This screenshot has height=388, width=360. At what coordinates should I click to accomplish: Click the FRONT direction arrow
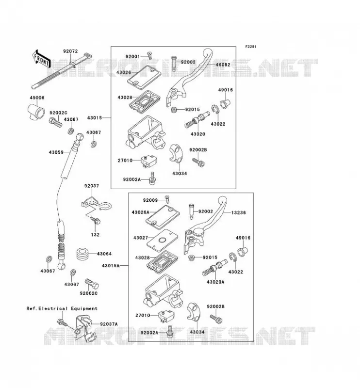(41, 59)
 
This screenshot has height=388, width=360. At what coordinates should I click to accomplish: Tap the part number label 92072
(70, 51)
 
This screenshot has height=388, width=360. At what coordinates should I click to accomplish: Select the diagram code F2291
(250, 47)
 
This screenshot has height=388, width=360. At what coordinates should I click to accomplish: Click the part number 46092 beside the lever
(223, 65)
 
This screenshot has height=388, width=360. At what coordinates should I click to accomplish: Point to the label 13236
(238, 212)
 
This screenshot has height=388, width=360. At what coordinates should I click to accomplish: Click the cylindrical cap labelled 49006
(35, 112)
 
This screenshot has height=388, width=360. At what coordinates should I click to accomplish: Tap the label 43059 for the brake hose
(56, 152)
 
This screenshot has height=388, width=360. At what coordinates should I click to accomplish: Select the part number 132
(95, 235)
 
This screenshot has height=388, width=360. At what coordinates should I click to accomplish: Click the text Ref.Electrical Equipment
(62, 308)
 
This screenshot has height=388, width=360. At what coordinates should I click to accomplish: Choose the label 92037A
(109, 324)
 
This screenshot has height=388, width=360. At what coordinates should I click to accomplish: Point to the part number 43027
(141, 238)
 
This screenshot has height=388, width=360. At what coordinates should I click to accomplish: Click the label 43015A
(111, 266)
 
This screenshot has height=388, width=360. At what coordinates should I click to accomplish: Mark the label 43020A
(215, 282)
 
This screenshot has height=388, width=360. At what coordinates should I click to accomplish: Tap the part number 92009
(150, 200)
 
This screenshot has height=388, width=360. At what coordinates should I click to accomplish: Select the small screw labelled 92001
(149, 56)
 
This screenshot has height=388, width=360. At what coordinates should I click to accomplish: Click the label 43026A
(141, 212)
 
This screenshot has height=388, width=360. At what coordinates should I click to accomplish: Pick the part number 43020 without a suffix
(198, 134)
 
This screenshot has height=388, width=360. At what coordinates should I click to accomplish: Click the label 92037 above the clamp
(92, 186)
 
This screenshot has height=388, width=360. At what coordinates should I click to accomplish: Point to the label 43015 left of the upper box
(95, 118)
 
